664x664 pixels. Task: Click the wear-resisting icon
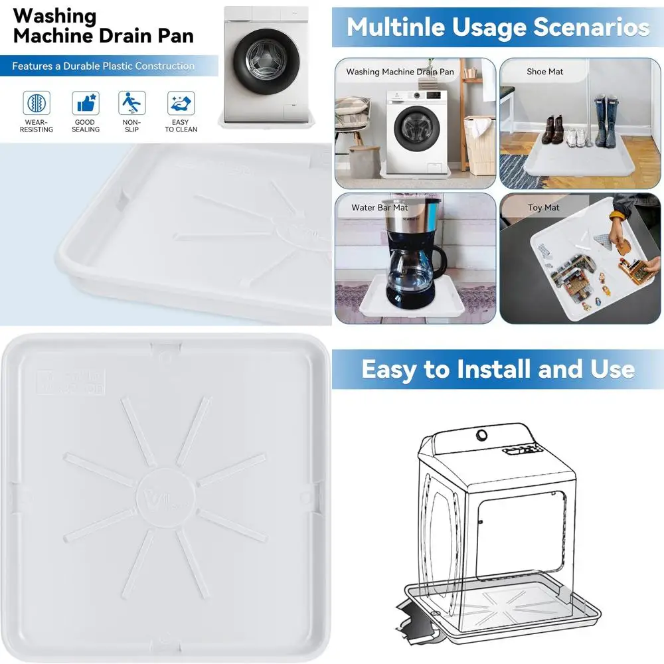point(37,103)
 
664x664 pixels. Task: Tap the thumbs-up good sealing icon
point(85,103)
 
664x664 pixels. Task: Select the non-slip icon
point(131,103)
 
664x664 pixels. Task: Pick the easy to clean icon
point(181,103)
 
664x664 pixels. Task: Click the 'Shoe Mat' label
point(544,72)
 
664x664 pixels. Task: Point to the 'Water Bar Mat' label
point(380,208)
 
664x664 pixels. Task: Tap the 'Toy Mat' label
point(543,208)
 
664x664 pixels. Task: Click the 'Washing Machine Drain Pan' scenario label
point(400,72)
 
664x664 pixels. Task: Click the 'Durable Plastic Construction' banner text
point(103,66)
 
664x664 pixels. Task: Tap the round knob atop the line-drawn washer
point(481,434)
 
